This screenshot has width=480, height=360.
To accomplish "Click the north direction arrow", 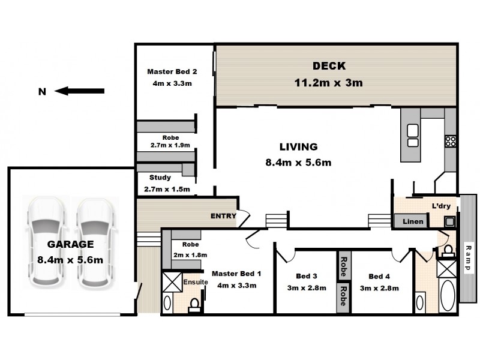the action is coord(80,91).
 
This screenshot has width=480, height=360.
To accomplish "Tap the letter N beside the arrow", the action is coord(42,92).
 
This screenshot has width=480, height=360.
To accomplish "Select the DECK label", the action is coord(329,66).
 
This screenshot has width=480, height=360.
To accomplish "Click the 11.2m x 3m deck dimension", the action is coord(328,83).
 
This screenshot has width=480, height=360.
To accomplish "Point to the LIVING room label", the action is coord(298,146).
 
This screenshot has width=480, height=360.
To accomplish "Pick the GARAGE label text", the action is coord(70,244).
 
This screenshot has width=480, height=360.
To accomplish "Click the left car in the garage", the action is coord(47,242).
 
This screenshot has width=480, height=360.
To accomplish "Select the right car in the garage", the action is coord(95,242).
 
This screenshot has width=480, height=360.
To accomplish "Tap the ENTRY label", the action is coord(223,216).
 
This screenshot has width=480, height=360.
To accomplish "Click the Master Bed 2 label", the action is coord(172,71).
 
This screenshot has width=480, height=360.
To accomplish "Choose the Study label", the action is coord(160,178).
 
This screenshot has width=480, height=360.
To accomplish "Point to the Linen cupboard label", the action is coord(413,221).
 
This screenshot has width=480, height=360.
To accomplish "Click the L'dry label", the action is coord(441,206).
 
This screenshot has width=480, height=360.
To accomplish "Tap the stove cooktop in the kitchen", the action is coord(451,141).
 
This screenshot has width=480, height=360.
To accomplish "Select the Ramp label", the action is coord(467,257).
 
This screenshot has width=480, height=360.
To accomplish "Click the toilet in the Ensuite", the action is coord(194,305).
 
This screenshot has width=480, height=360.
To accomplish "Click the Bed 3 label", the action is coord(307,276).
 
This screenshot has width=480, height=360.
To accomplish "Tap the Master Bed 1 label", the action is coord(236,274).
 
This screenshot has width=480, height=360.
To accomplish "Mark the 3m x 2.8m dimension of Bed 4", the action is coord(379,289).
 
